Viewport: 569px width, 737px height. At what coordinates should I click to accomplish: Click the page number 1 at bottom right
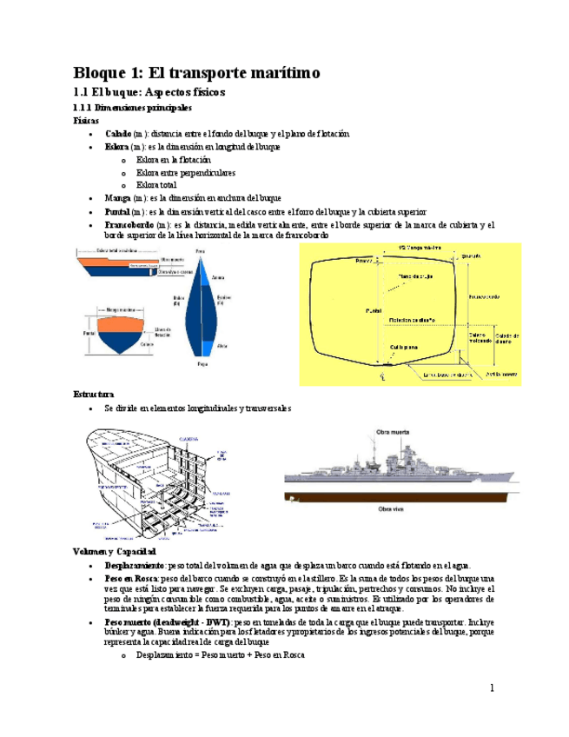pos(491,688)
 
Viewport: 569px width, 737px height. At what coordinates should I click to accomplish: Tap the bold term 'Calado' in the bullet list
pos(118,135)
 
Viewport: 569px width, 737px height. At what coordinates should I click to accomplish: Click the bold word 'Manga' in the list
pos(118,198)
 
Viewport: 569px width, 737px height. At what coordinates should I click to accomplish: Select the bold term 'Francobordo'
pos(130,224)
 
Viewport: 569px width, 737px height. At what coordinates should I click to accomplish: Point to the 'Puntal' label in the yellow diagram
pos(374,309)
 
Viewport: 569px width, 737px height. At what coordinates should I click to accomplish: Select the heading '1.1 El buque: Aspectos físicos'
pos(149,90)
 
